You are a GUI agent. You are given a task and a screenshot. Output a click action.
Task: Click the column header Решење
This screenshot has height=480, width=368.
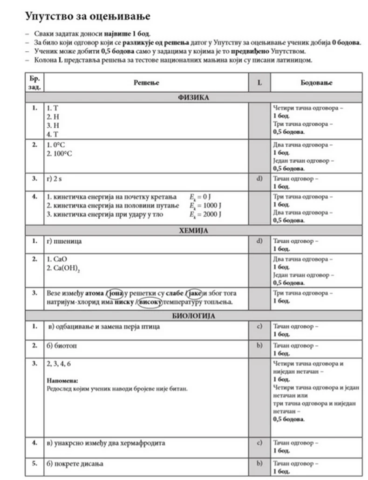tap(146, 82)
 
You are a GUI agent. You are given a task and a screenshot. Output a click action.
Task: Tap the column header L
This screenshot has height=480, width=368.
tap(259, 82)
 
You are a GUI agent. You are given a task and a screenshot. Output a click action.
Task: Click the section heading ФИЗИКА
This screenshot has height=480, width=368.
tap(193, 98)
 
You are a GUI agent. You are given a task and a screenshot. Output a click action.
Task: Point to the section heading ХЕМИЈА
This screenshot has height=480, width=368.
tap(193, 230)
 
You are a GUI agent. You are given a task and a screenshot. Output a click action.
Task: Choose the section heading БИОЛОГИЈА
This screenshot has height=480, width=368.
tap(193, 316)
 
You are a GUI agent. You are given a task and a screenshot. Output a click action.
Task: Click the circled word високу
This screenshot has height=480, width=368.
tap(150, 302)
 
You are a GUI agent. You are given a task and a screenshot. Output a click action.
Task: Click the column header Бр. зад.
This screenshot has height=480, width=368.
tap(34, 82)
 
